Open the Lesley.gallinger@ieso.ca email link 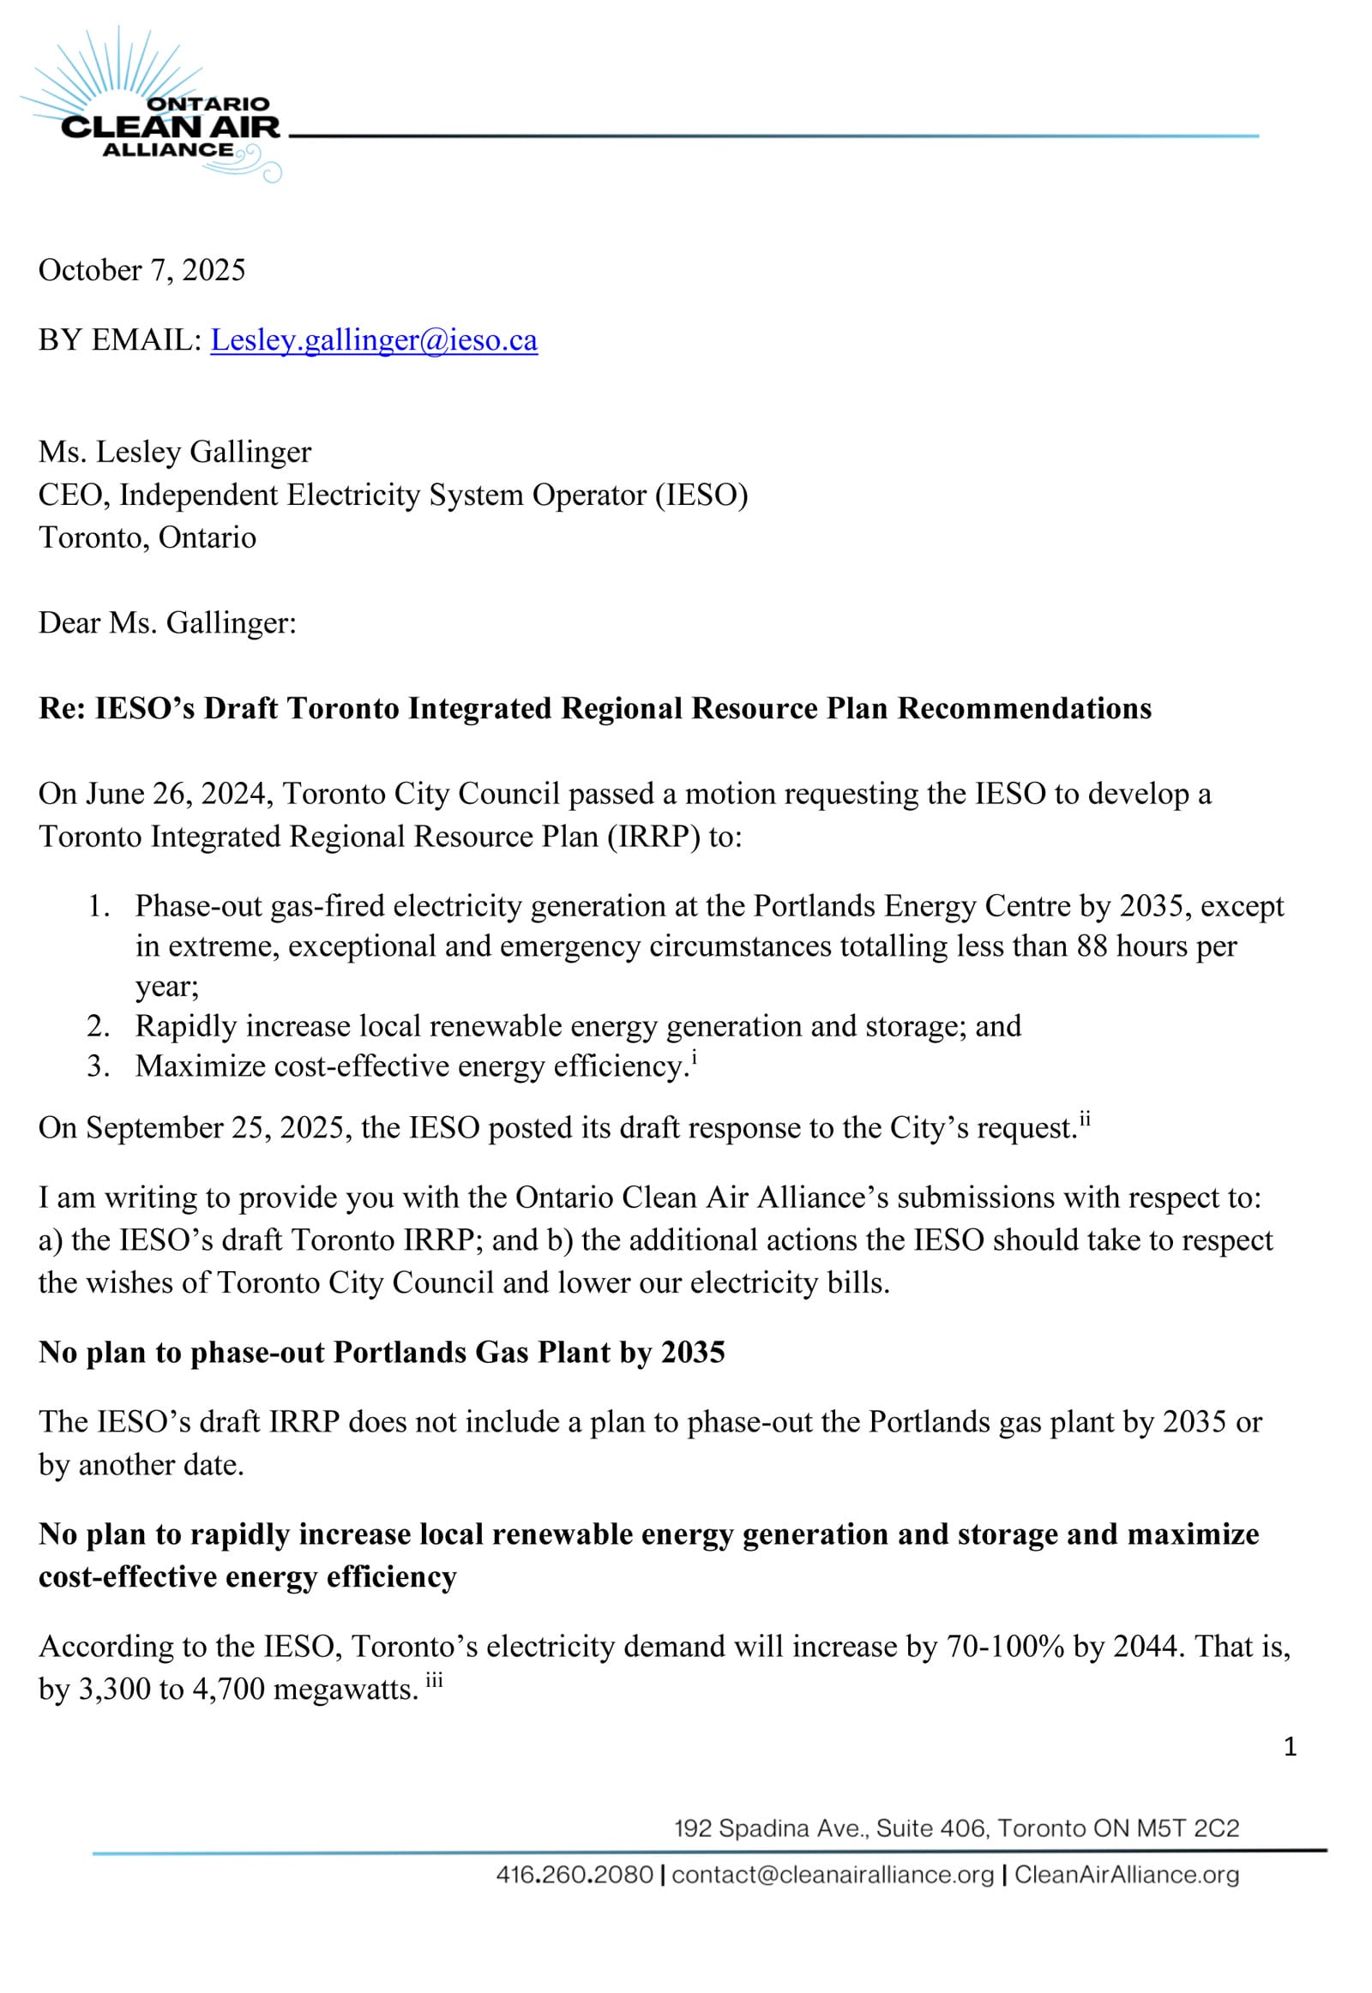(374, 340)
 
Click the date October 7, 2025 (141, 271)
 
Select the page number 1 (1290, 1746)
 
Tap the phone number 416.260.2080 (575, 1875)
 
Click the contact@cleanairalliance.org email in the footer (832, 1875)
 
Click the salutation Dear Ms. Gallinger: (167, 623)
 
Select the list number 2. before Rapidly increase (98, 1026)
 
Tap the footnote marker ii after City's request (1085, 1119)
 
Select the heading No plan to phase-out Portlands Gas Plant (382, 1353)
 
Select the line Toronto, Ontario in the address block (147, 538)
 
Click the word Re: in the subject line (62, 709)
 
